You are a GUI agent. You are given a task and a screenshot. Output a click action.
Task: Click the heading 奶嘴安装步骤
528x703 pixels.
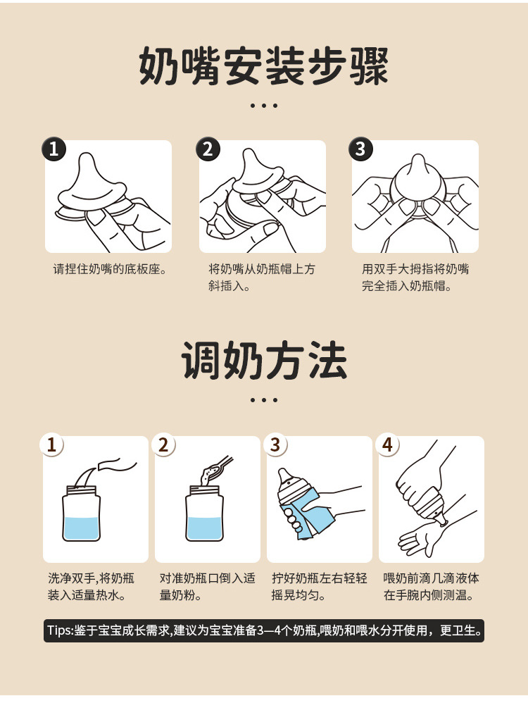pyautogui.click(x=263, y=66)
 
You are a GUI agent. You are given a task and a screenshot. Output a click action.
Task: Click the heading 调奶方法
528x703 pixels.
pyautogui.click(x=264, y=361)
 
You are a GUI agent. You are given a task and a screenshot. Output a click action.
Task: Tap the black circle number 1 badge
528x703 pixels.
pyautogui.click(x=54, y=149)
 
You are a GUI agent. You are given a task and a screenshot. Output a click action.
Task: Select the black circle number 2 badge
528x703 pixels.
pyautogui.click(x=208, y=149)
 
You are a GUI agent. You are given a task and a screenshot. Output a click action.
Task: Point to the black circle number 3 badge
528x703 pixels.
pyautogui.click(x=361, y=149)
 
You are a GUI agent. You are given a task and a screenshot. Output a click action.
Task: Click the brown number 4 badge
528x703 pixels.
pyautogui.click(x=387, y=444)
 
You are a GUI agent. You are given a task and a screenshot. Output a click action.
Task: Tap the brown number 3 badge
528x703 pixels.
pyautogui.click(x=275, y=444)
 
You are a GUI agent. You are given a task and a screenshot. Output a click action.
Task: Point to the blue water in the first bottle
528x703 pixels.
pyautogui.click(x=81, y=528)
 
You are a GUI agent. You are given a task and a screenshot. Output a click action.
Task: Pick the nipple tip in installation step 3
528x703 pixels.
pyautogui.click(x=417, y=161)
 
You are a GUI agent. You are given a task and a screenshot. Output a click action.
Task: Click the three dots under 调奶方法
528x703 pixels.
pyautogui.click(x=264, y=400)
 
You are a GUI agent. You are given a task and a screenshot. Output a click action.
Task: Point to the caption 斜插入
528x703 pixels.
pyautogui.click(x=226, y=286)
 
